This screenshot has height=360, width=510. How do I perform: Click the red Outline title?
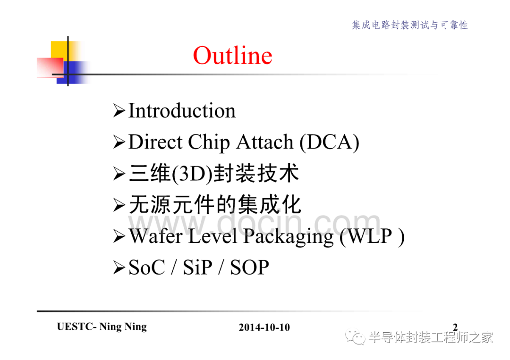[232, 56]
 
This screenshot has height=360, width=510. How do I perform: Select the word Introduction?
[182, 110]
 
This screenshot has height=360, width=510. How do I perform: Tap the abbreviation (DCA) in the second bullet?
[329, 142]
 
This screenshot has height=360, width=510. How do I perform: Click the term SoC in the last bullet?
[147, 268]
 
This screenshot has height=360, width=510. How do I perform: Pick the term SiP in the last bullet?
[197, 268]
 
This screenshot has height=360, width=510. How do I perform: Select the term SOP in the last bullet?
[249, 268]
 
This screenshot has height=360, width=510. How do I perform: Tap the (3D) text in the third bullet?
[192, 174]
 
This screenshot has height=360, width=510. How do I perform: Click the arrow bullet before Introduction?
[119, 111]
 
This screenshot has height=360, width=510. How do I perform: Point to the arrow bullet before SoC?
[119, 268]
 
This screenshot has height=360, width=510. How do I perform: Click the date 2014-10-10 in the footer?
[264, 327]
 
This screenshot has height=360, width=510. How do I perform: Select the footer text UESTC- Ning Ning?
[102, 327]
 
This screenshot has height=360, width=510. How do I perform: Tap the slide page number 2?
[455, 327]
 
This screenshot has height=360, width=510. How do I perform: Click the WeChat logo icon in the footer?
[356, 337]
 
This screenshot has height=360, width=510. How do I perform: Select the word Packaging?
[288, 236]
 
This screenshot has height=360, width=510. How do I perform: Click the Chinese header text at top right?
[410, 25]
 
